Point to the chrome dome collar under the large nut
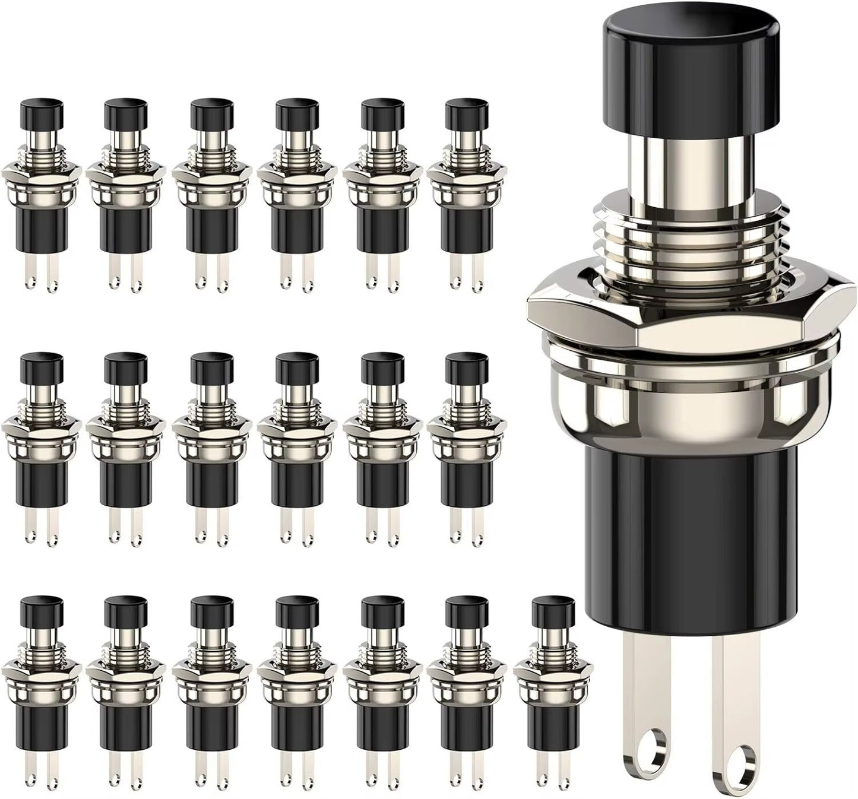pos(692,410)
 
